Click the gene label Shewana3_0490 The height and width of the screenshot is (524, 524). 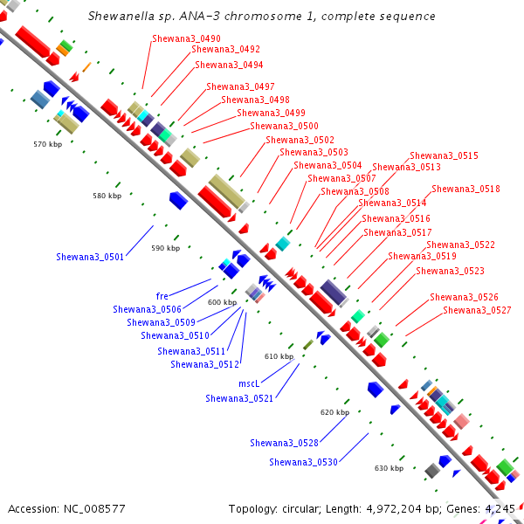point(187,38)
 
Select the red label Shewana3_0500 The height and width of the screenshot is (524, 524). point(284,126)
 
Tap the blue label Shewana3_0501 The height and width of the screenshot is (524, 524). point(90,257)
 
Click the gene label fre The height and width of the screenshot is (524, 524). point(162,296)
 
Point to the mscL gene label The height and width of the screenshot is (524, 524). point(249,383)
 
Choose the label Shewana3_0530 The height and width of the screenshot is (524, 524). point(303,462)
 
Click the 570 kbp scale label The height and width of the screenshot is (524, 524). point(47,144)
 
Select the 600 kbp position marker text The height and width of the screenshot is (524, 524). point(222,302)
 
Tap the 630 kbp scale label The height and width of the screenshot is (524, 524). point(389,468)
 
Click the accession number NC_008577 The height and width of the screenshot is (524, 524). point(94,509)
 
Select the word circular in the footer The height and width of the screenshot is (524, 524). point(301,509)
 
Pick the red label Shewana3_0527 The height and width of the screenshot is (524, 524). point(477,310)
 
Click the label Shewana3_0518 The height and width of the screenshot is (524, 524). point(465,190)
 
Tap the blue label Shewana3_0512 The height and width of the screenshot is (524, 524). point(205,364)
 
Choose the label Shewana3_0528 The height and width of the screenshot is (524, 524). point(285,443)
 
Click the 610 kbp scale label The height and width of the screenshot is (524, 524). point(279,356)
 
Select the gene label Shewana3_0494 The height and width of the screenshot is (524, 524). point(229,65)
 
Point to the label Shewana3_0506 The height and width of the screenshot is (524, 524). point(148,309)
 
